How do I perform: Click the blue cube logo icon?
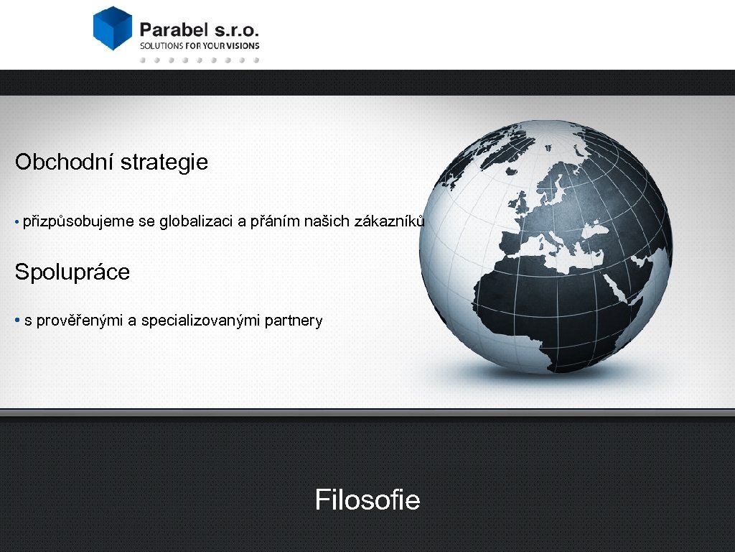click(113, 28)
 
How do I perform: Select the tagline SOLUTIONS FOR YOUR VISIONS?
click(199, 45)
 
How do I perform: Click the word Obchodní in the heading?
click(65, 162)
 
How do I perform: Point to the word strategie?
click(164, 162)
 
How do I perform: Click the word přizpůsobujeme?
click(78, 221)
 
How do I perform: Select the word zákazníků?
click(390, 221)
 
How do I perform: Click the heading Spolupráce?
click(72, 272)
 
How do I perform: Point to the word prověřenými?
click(80, 321)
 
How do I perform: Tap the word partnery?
click(294, 321)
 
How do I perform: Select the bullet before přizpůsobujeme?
click(17, 221)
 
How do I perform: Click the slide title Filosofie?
click(367, 500)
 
